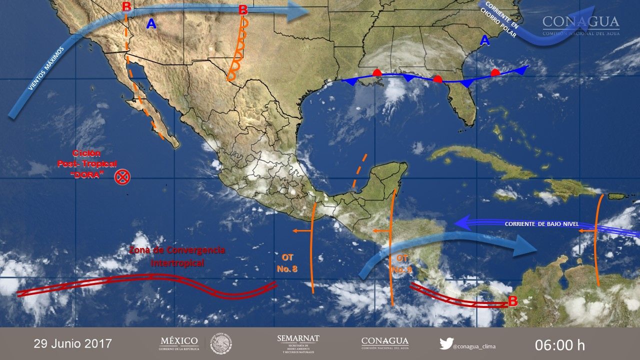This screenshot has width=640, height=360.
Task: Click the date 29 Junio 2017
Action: click(73, 344)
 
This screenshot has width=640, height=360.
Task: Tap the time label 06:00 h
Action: click(559, 344)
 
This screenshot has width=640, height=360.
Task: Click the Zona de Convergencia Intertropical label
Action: click(177, 256)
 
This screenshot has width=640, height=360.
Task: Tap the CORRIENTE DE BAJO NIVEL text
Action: click(541, 224)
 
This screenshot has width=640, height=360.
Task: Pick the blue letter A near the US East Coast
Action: click(484, 41)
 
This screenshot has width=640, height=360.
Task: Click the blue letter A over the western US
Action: click(151, 23)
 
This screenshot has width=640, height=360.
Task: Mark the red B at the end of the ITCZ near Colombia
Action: click(512, 301)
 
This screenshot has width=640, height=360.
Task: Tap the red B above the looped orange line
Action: click(243, 9)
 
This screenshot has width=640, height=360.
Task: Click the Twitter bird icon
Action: click(446, 343)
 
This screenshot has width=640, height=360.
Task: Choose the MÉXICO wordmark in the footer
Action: click(179, 341)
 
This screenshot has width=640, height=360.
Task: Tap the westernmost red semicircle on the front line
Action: click(378, 72)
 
